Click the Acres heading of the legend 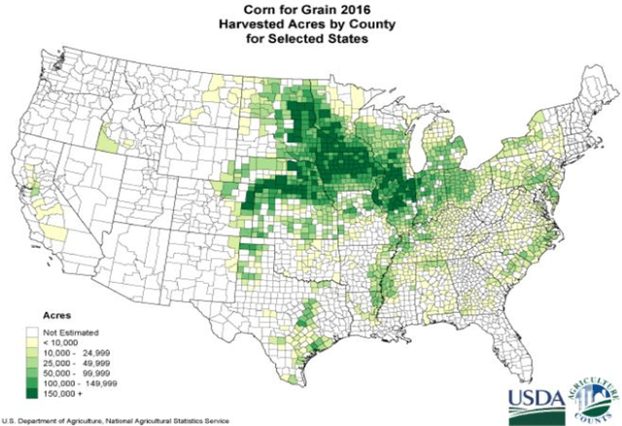click(x=49, y=317)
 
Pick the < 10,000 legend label click(x=63, y=341)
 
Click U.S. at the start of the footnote click(x=10, y=419)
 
